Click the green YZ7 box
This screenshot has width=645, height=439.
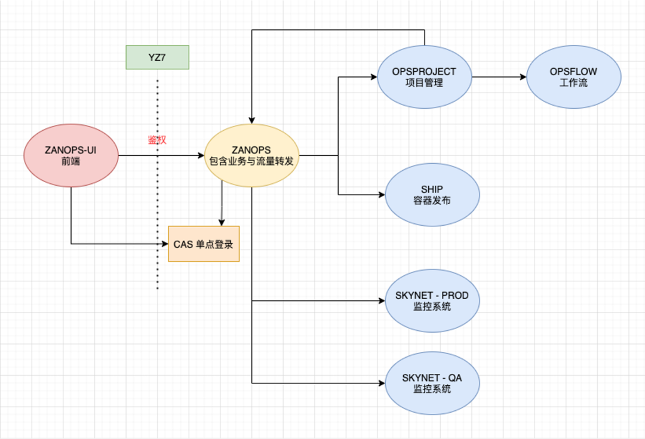[x=157, y=57]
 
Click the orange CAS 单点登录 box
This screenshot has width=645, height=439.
[x=204, y=244]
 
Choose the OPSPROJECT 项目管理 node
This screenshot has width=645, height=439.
[x=424, y=76]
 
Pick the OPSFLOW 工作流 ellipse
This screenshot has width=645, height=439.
[x=573, y=76]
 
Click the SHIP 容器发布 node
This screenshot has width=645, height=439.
[x=432, y=195]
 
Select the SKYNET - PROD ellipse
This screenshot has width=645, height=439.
[x=432, y=301]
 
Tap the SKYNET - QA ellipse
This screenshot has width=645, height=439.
[x=432, y=383]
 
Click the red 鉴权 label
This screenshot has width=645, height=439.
[x=157, y=140]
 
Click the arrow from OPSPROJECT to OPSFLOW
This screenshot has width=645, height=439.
[x=499, y=76]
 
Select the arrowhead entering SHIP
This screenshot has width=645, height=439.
[x=382, y=195]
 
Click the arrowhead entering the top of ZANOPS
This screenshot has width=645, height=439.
[x=251, y=119]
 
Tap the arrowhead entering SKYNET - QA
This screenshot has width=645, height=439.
[x=382, y=383]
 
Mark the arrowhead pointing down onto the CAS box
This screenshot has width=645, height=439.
[x=222, y=222]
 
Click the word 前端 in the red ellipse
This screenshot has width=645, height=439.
[x=70, y=161]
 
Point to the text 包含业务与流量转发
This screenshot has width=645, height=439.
[x=251, y=161]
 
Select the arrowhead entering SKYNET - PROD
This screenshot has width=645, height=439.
[x=382, y=301]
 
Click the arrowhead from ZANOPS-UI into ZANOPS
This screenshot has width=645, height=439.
[x=201, y=155]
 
